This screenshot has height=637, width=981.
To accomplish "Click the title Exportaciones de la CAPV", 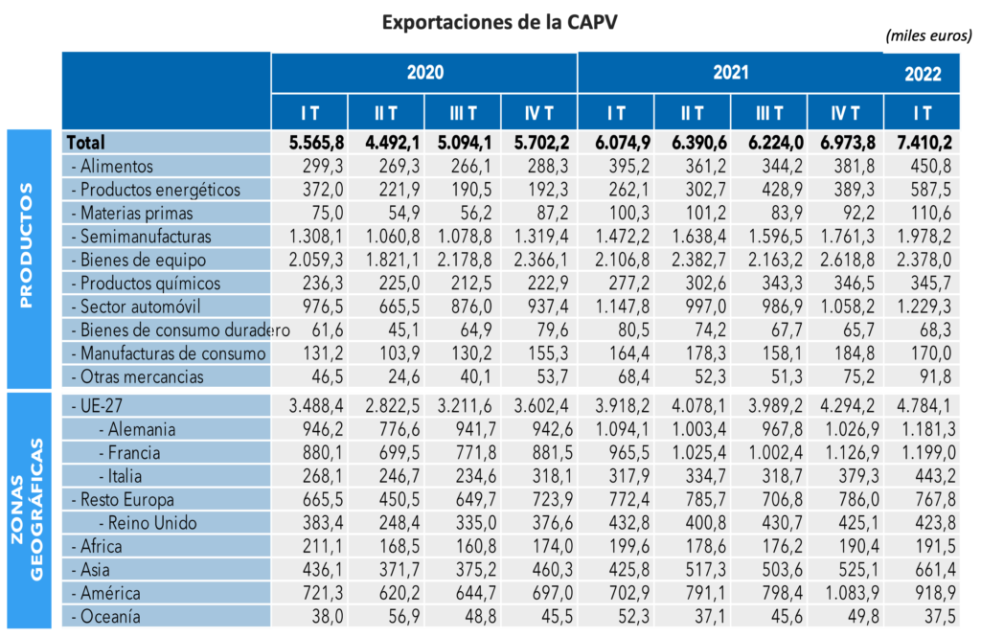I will (492, 21).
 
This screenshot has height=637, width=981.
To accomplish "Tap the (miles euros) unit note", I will (928, 35).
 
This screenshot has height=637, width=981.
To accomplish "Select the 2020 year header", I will (424, 72).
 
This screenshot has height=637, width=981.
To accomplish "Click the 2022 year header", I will (923, 75).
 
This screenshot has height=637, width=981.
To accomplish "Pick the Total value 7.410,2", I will (923, 142).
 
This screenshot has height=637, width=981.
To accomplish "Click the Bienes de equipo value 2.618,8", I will (846, 260).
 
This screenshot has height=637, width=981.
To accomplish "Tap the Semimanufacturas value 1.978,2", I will (923, 236).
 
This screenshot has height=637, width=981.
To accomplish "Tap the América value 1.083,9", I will (846, 594).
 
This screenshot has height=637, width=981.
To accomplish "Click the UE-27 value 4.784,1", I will (923, 406).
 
